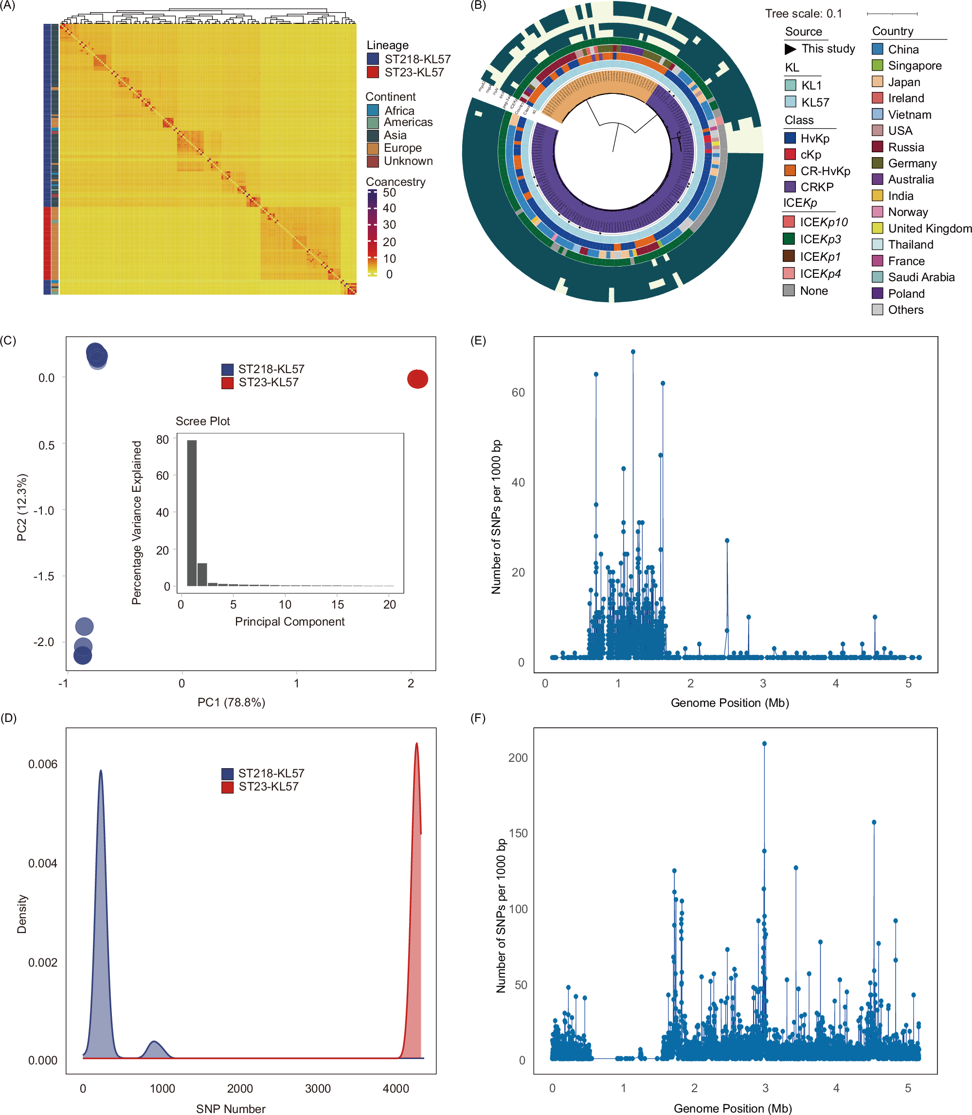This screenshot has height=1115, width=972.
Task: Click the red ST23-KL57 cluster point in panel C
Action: (x=417, y=378)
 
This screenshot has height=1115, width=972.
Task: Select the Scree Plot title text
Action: (x=202, y=421)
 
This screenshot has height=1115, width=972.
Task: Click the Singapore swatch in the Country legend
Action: (x=877, y=66)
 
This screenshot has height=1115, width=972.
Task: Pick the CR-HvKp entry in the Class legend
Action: (x=825, y=171)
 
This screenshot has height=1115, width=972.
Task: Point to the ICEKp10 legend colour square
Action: (x=789, y=222)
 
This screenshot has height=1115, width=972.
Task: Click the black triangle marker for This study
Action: (x=790, y=49)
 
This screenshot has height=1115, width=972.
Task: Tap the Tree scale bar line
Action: (x=892, y=14)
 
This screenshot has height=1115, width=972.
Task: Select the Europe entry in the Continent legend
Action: (x=402, y=147)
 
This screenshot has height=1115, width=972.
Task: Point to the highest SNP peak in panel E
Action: (x=633, y=352)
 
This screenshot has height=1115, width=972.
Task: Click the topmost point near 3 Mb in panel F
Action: (x=764, y=743)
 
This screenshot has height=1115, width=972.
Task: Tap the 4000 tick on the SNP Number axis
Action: (x=396, y=1088)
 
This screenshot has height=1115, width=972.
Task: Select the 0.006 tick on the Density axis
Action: (x=42, y=764)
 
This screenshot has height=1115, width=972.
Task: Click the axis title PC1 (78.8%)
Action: (x=231, y=702)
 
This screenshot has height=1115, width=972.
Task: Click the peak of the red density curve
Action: (x=416, y=743)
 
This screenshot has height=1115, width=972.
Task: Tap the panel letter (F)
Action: (x=478, y=718)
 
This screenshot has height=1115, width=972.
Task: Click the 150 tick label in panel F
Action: (x=518, y=833)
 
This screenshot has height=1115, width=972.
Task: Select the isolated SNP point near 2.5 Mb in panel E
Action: (x=727, y=540)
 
